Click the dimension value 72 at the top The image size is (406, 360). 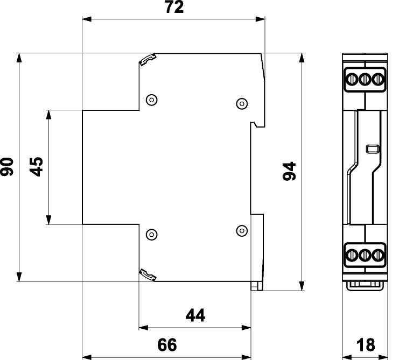click(x=174, y=7)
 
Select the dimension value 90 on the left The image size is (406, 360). click(x=7, y=167)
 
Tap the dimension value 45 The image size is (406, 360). click(x=36, y=167)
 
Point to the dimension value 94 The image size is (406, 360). click(x=289, y=171)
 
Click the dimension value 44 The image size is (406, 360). click(x=195, y=315)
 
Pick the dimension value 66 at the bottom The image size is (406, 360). click(x=167, y=345)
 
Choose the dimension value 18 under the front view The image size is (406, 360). click(x=366, y=345)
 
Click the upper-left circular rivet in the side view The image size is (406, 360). click(x=152, y=100)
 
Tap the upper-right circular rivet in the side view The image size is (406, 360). click(x=242, y=104)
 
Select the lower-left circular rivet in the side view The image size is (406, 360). click(x=152, y=235)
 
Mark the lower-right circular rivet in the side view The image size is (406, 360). click(x=242, y=231)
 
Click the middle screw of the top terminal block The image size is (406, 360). click(x=365, y=79)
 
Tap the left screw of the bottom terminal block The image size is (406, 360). click(x=352, y=255)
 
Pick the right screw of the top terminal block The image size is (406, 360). click(x=378, y=79)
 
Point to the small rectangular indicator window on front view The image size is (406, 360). click(x=373, y=149)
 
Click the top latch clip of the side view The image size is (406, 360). click(x=148, y=60)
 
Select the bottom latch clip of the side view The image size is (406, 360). click(x=148, y=275)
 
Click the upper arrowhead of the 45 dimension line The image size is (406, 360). click(x=48, y=115)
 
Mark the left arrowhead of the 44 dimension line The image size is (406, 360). click(x=143, y=328)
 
